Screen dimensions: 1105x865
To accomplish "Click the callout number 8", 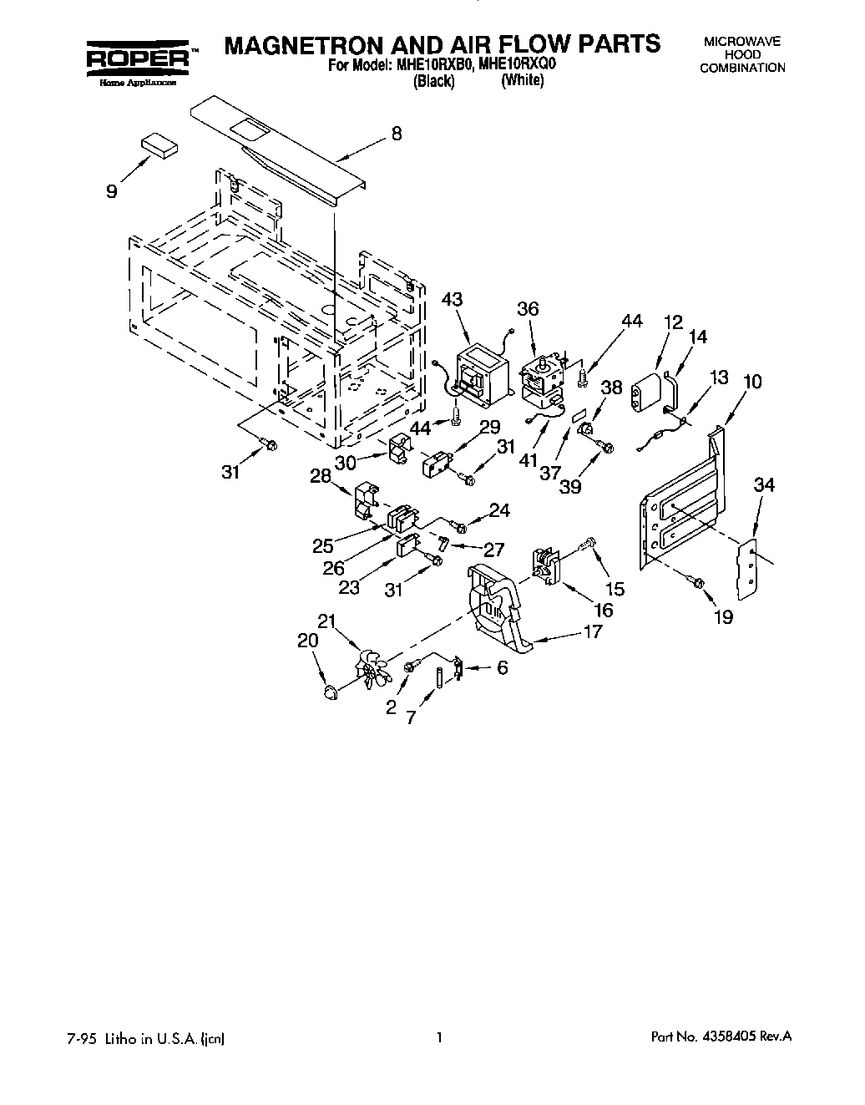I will pyautogui.click(x=397, y=134).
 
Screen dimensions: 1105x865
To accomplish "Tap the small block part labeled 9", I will pyautogui.click(x=159, y=144).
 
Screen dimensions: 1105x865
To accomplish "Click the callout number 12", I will pyautogui.click(x=673, y=322).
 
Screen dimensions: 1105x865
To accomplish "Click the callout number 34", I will pyautogui.click(x=765, y=485).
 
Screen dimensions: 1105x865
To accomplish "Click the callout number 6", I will pyautogui.click(x=502, y=667).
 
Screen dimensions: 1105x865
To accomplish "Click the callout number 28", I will pyautogui.click(x=321, y=476).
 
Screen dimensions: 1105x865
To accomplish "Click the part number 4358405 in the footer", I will pyautogui.click(x=734, y=1037).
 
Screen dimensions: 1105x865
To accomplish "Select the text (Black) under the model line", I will pyautogui.click(x=433, y=81).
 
